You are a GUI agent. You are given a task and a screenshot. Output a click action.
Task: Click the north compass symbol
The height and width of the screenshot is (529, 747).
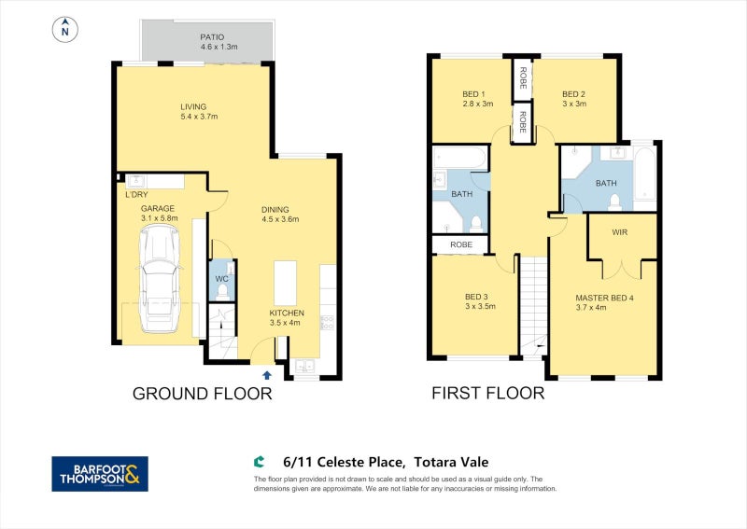point(64,31)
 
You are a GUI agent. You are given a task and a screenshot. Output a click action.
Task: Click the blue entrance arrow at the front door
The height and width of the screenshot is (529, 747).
point(268,374)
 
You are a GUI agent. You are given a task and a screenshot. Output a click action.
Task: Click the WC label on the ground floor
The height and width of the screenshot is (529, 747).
point(221,279)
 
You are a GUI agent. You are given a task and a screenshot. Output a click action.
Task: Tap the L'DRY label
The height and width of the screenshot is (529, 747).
point(137,195)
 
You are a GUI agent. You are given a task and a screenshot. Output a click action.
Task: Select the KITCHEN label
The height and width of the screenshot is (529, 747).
point(287,313)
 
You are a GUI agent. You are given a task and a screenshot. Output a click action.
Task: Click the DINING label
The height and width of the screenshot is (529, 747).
point(275,209)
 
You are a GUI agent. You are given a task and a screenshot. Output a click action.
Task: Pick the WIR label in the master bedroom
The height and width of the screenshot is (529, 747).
point(619,231)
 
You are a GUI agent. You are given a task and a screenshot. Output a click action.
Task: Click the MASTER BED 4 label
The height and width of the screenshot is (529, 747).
point(604,298)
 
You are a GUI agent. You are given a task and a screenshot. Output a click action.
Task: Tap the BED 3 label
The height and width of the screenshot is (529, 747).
point(476,298)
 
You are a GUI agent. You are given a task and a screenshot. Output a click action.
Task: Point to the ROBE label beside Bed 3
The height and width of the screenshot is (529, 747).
point(461,244)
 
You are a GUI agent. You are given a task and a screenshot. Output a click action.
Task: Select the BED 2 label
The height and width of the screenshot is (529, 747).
point(573,93)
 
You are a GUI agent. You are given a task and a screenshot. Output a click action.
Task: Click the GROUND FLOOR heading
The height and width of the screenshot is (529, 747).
point(202,394)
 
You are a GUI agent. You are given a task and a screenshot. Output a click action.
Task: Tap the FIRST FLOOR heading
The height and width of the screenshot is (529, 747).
point(487,394)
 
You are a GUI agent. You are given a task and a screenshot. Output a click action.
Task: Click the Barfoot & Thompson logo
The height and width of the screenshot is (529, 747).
point(99,474)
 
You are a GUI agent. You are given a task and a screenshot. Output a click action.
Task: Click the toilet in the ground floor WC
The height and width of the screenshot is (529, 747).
point(221,293)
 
